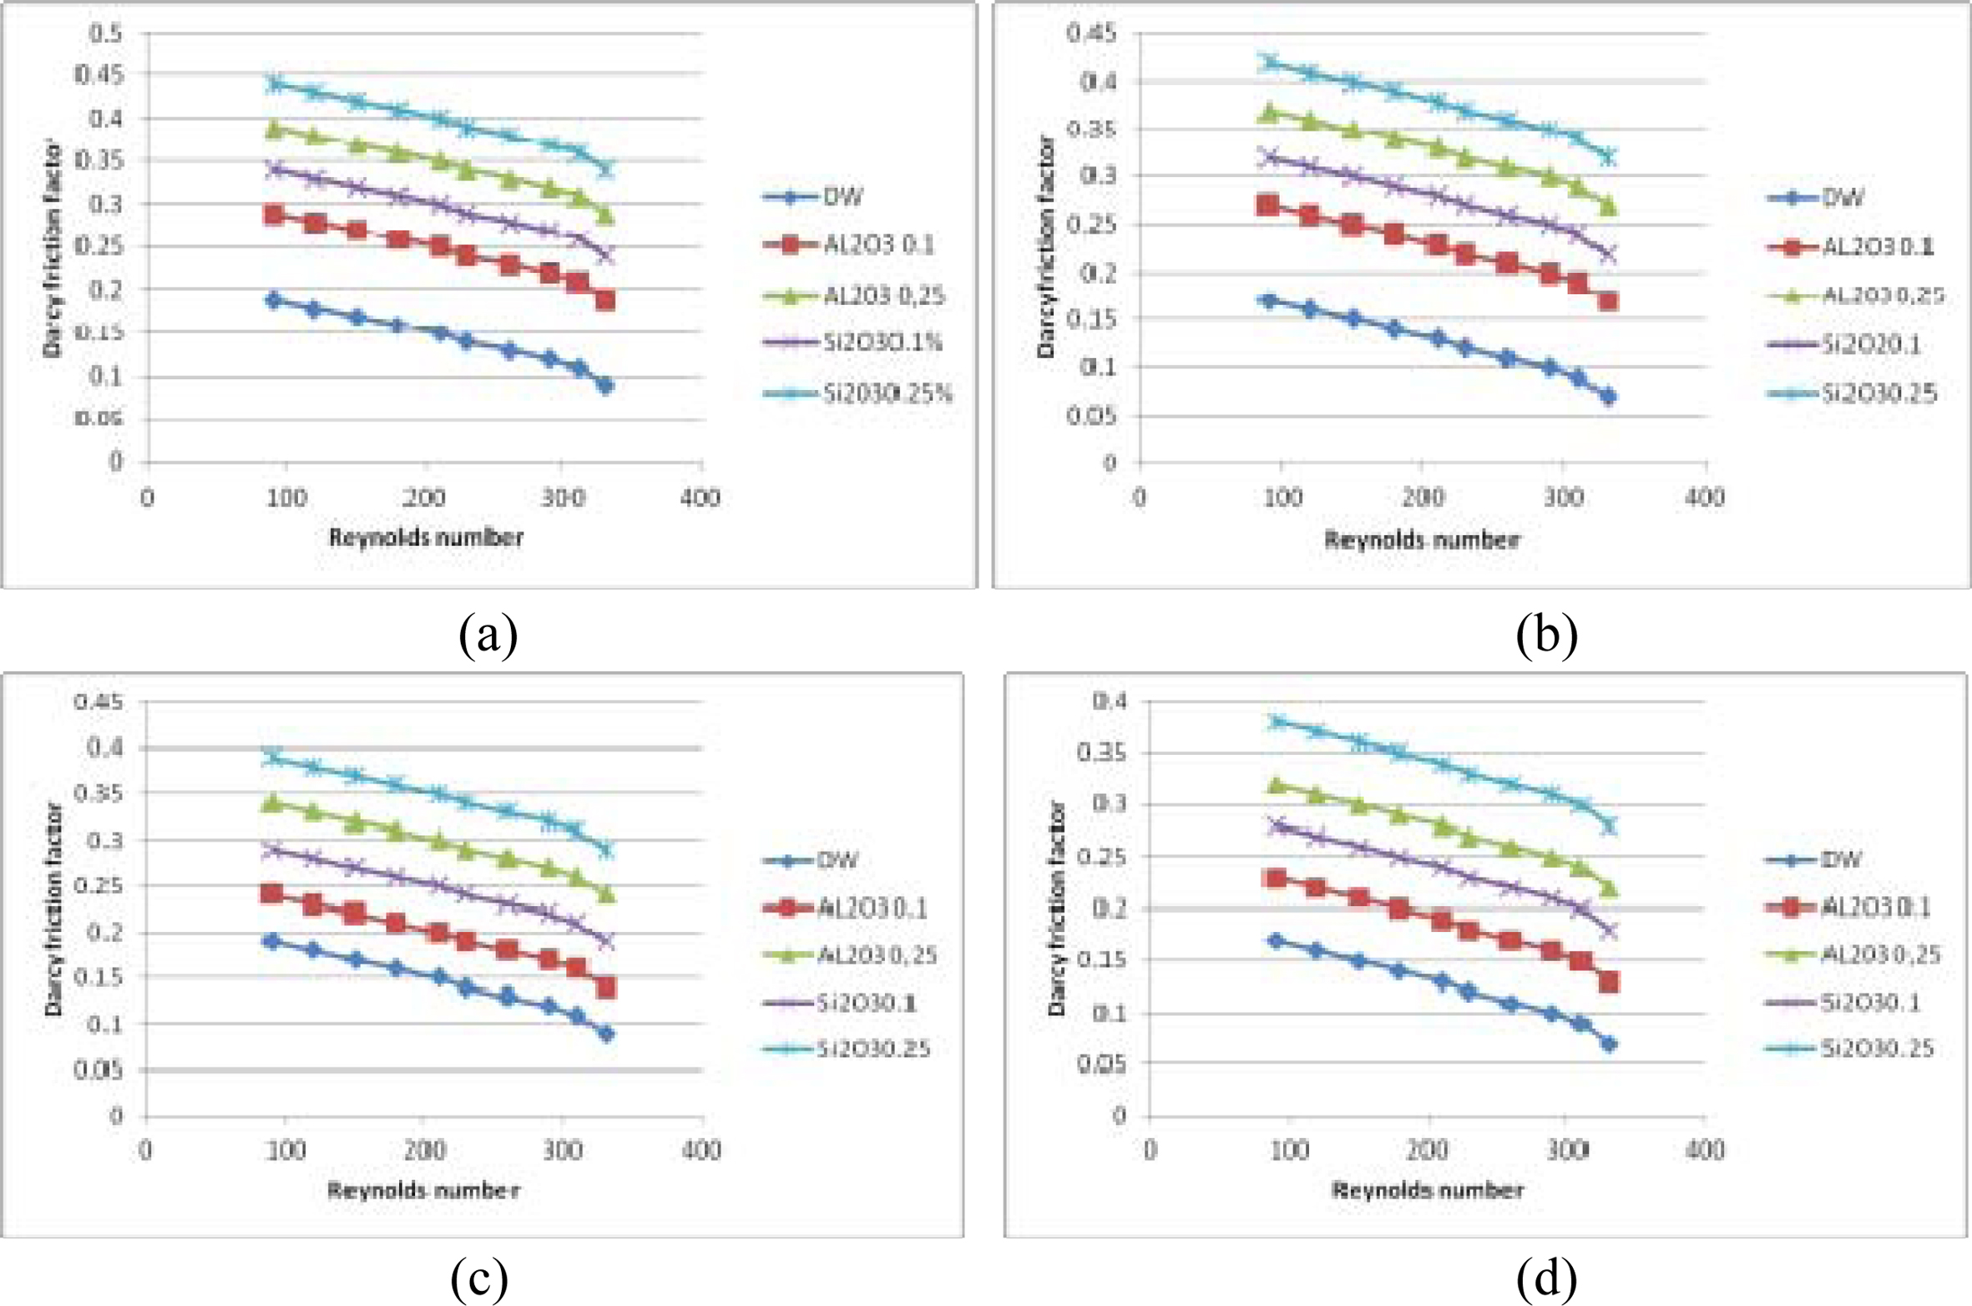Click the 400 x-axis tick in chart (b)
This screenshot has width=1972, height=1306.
(x=1704, y=499)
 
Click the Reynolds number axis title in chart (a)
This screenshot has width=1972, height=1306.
(x=426, y=538)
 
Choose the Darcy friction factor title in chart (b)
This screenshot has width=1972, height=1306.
(x=1047, y=247)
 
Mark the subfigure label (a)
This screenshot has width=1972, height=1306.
(x=488, y=635)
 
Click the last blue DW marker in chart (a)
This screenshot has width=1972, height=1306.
(x=605, y=385)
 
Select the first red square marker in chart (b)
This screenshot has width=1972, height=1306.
(x=1267, y=205)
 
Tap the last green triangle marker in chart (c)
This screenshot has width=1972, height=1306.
(x=606, y=894)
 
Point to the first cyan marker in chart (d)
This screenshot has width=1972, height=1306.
(x=1276, y=721)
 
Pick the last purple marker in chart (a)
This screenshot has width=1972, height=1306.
(x=605, y=256)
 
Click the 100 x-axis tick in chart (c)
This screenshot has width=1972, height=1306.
(x=285, y=1151)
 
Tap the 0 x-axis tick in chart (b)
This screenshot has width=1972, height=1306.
(x=1140, y=499)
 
